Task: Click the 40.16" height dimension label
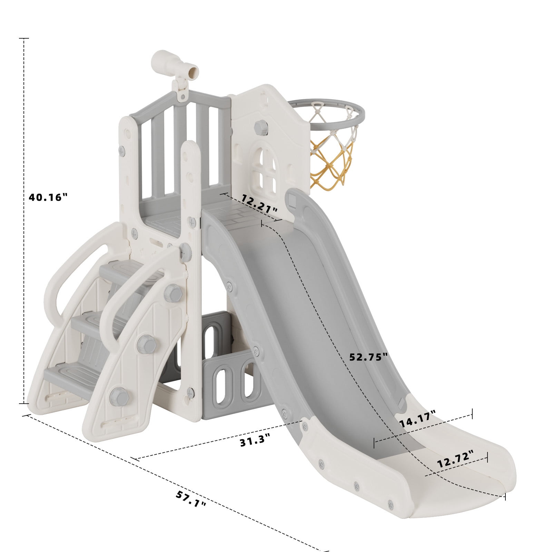48,197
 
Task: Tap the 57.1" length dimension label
191,499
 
